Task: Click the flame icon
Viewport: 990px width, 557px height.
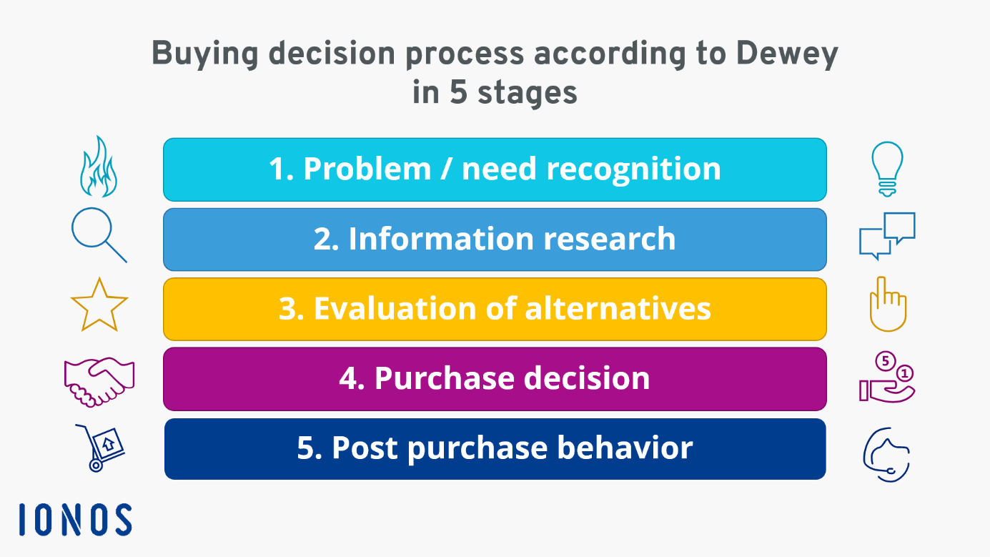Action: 97,168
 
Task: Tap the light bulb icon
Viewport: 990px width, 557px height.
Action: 887,169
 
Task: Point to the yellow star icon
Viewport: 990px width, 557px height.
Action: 99,305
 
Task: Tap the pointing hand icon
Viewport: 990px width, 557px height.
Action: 887,305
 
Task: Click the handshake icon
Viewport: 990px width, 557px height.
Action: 99,381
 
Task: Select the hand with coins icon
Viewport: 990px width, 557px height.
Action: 887,378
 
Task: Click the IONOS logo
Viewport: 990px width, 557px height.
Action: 75,520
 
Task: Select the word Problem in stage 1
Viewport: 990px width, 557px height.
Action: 367,169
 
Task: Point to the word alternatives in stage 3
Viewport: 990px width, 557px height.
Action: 618,309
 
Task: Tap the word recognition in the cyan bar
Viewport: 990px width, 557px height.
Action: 633,169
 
